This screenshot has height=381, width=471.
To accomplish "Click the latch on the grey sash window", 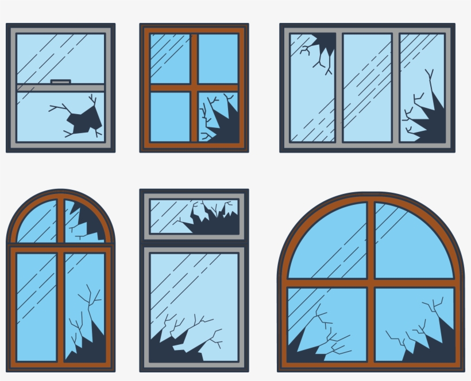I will click(60, 82).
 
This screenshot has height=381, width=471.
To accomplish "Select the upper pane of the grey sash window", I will click(60, 57).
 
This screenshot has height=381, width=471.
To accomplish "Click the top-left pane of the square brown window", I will click(170, 58).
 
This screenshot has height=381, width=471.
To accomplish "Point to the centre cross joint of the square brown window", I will click(194, 88).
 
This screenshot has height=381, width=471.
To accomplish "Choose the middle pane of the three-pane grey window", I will click(367, 87).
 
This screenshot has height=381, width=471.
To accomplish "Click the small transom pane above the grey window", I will click(194, 216).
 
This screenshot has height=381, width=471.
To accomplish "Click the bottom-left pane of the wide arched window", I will click(327, 324).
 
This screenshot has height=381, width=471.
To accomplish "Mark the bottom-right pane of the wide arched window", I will click(415, 324).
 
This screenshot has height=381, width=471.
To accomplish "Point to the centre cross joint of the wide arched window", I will click(371, 283).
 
